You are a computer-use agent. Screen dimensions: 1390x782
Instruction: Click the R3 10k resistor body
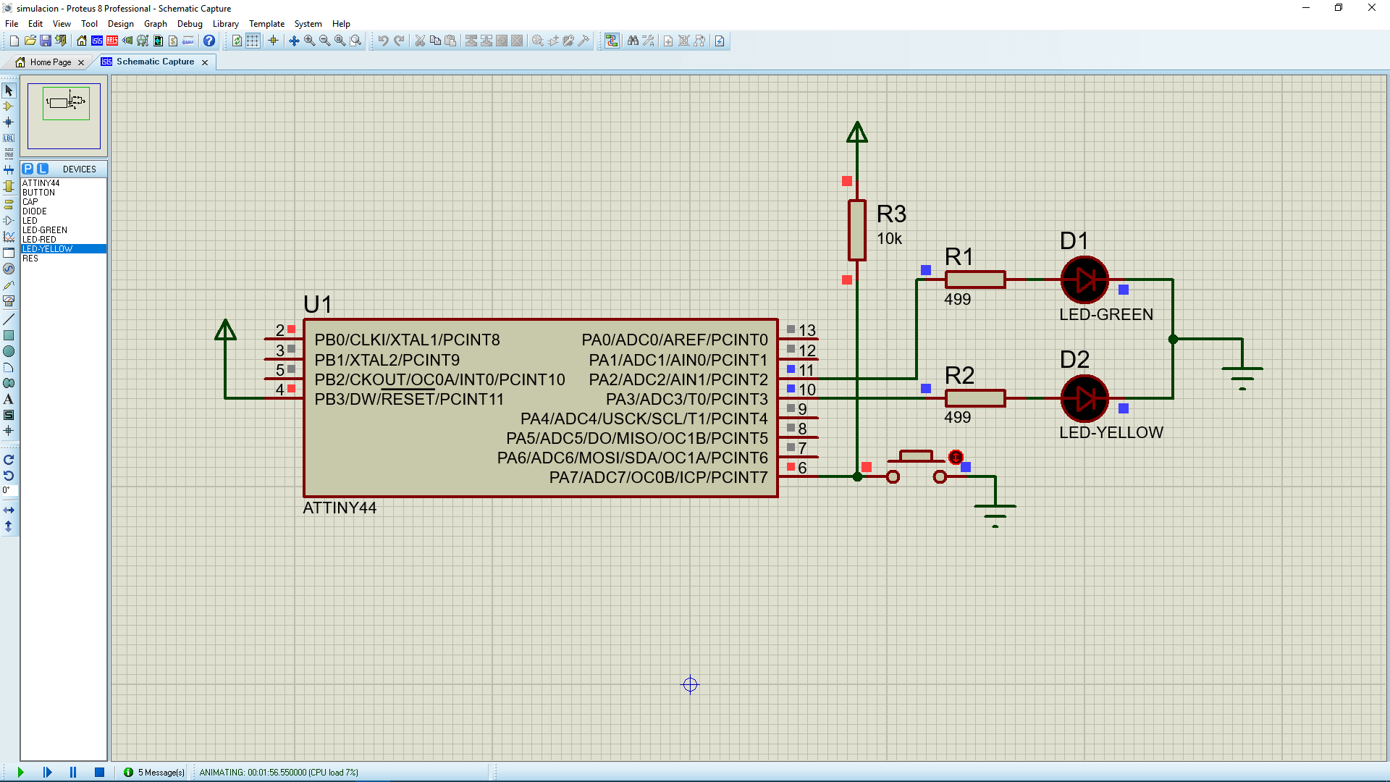tap(857, 230)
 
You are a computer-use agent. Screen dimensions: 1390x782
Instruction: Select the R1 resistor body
tap(975, 279)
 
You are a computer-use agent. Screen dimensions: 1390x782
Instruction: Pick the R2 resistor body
tap(975, 398)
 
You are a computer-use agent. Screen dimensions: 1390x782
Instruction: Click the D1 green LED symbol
tap(1084, 279)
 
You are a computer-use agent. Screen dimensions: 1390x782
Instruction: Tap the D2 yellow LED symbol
tap(1084, 398)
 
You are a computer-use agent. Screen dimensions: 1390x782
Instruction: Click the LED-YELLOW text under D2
tap(1111, 432)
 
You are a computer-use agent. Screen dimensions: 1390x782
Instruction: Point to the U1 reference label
tap(318, 304)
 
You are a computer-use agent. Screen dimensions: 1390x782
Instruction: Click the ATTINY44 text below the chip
tap(340, 508)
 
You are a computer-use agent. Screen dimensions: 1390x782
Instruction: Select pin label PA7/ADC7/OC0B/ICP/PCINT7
tap(658, 477)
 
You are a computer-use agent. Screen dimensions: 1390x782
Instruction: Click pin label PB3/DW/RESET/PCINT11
tap(409, 399)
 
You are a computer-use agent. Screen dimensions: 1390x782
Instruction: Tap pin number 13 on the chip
tap(807, 331)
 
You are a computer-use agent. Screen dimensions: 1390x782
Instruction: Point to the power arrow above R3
tap(857, 132)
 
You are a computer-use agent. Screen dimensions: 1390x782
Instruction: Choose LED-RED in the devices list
tap(39, 240)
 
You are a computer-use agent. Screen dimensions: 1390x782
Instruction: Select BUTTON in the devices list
tap(38, 193)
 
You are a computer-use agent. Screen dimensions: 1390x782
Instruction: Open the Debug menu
tap(190, 24)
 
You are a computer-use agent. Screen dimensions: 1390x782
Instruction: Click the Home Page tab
tap(51, 62)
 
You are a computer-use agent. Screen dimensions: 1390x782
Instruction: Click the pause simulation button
tap(73, 773)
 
